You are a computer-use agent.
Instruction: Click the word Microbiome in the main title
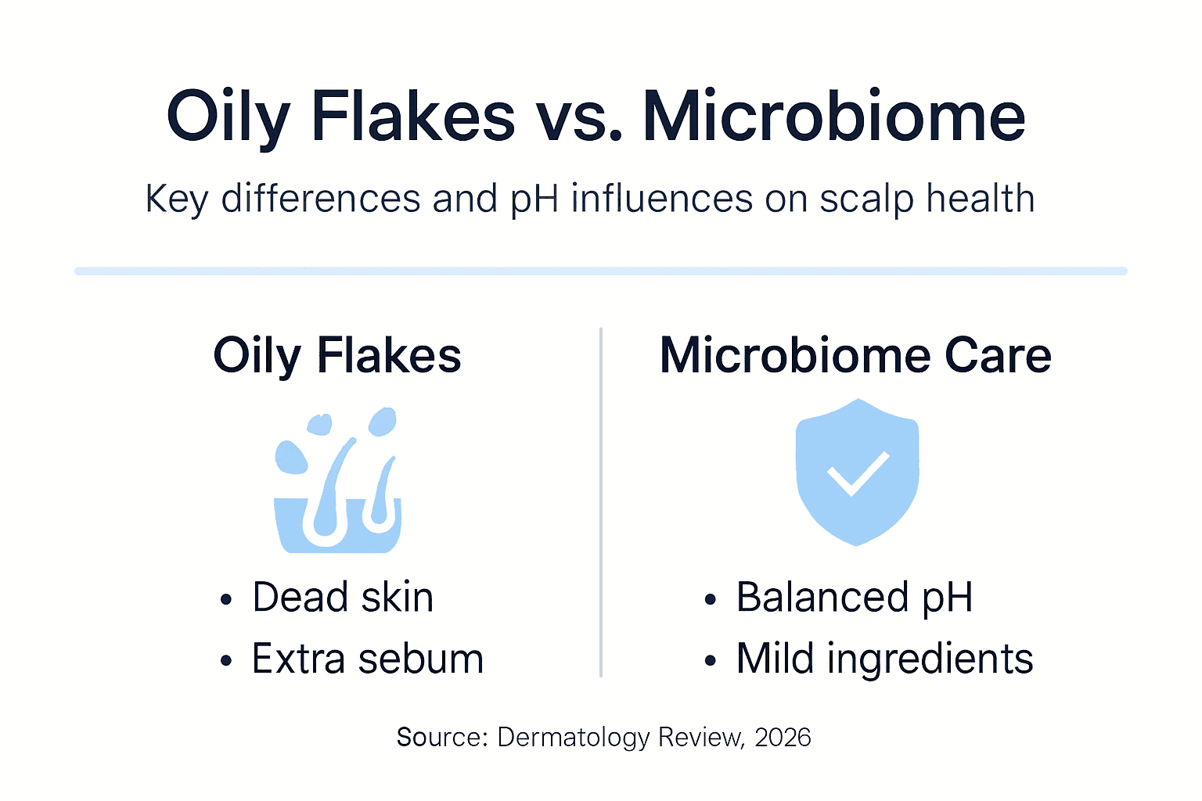coord(833,117)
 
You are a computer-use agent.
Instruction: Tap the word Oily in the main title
coord(228,117)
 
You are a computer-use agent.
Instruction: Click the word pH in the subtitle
coord(534,199)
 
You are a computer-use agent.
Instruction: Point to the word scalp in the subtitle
coord(866,199)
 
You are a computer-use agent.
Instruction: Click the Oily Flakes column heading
coord(337,356)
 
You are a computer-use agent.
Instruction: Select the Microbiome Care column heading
coord(855,356)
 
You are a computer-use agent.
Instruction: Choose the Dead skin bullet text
coord(343,598)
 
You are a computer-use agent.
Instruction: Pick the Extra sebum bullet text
coord(368,659)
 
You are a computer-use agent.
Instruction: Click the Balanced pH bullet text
coord(855,598)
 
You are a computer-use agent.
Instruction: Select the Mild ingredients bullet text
coord(884,659)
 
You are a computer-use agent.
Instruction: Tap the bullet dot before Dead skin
coord(226,600)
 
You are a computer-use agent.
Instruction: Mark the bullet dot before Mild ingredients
coord(710,661)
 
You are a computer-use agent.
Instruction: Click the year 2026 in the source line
coord(783,737)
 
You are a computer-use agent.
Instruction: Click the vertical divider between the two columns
coord(601,501)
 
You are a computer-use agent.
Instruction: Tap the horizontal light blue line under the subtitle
coord(601,271)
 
